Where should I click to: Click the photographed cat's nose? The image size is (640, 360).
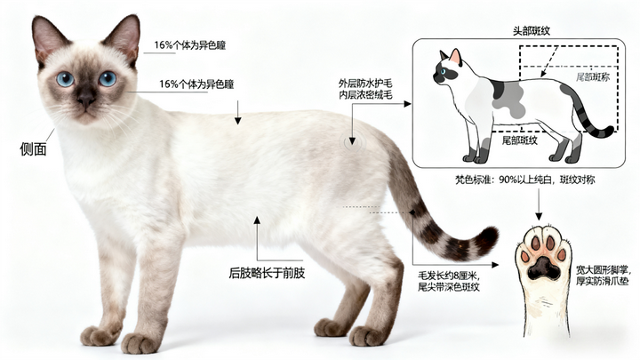[x=86, y=99]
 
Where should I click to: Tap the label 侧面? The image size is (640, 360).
[x=33, y=149]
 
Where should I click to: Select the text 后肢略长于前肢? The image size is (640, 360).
[x=267, y=273]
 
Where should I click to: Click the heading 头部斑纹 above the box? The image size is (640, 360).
[x=531, y=31]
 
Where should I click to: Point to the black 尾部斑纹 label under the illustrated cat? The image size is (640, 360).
[x=520, y=140]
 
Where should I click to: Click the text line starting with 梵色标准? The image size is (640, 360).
[x=525, y=180]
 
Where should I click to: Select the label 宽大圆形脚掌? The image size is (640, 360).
[x=603, y=270]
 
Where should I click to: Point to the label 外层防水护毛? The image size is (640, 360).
[x=365, y=84]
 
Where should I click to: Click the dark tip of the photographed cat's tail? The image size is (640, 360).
[x=487, y=238]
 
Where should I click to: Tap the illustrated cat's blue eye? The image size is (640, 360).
[x=444, y=71]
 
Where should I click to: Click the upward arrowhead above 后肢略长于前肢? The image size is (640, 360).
[x=257, y=220]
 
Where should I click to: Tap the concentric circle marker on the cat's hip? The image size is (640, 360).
[x=352, y=142]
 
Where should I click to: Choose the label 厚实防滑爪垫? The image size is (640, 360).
[x=603, y=281]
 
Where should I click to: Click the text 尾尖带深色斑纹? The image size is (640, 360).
[x=448, y=286]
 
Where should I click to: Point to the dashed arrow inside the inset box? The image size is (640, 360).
[x=549, y=61]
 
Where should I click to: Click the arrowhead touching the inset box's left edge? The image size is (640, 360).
[x=407, y=104]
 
